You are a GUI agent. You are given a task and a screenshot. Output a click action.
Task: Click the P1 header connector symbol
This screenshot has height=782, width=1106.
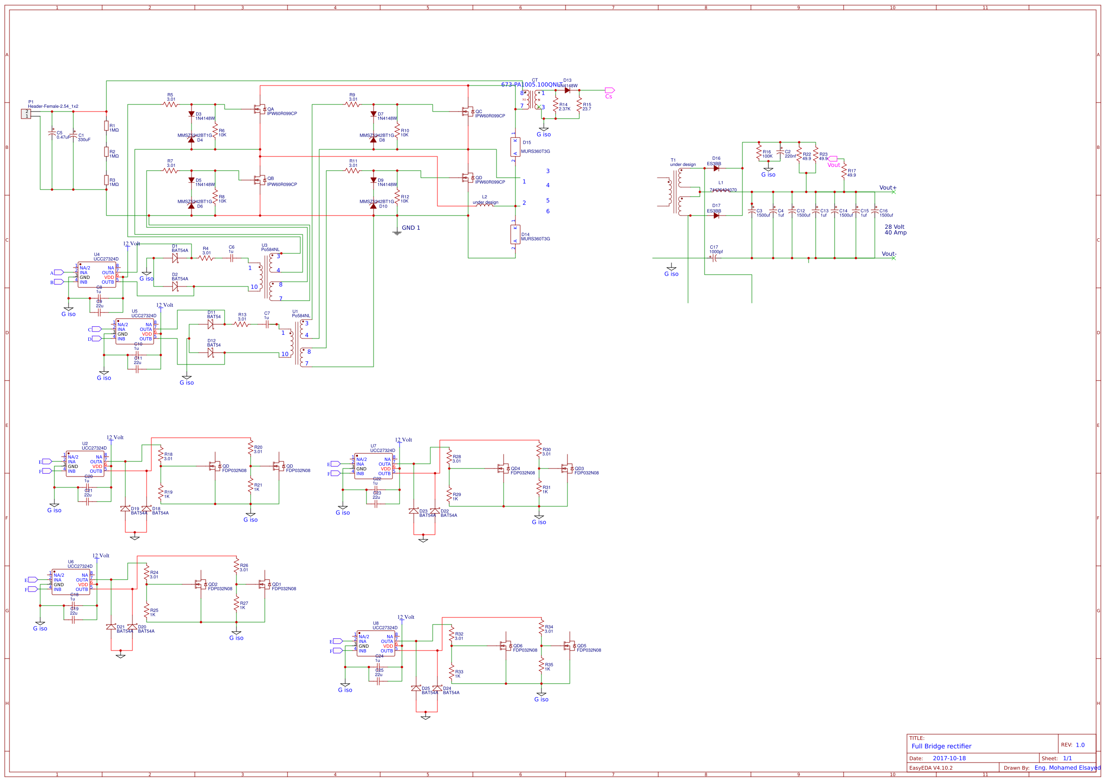pos(26,113)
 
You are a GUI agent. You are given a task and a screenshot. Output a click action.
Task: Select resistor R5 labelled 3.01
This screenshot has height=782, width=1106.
pos(171,104)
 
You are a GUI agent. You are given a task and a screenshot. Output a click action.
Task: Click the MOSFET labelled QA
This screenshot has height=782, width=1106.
pos(260,109)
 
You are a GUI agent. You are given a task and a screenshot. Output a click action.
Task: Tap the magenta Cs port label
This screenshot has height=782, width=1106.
pos(610,90)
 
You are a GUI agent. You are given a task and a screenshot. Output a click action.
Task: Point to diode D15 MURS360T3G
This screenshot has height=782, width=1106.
pos(515,147)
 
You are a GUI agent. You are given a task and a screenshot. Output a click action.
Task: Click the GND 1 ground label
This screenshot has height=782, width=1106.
pos(410,228)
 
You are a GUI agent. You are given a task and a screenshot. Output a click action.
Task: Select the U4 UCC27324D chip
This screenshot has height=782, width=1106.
pos(97,275)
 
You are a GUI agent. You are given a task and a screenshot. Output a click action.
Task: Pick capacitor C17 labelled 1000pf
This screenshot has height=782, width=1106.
pos(714,258)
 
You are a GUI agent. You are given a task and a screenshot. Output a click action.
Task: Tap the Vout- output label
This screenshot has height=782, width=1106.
pos(888,254)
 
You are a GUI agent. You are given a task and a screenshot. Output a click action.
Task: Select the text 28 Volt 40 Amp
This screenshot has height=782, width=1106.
pos(895,230)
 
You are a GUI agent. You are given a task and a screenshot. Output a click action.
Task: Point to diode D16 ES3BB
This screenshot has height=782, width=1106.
pos(716,168)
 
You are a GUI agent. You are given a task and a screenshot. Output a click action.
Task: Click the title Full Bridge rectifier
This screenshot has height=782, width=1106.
pos(941,746)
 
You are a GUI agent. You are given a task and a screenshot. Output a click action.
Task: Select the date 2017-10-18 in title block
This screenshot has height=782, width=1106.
pos(949,758)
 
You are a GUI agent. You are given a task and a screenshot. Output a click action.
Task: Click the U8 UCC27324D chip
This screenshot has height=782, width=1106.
pos(376,643)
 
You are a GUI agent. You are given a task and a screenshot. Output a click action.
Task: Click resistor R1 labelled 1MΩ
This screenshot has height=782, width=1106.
pos(106,126)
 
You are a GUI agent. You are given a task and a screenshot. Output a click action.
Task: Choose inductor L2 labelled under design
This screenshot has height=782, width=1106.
pos(485,206)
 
